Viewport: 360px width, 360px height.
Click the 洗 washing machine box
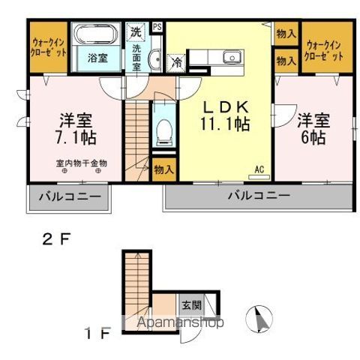(x=135, y=32)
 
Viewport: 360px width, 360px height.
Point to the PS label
(x=157, y=28)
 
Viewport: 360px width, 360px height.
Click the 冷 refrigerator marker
(x=175, y=63)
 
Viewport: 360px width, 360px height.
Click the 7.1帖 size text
(x=75, y=137)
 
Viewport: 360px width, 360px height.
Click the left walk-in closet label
(x=49, y=47)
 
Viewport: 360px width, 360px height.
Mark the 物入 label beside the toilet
(x=163, y=170)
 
